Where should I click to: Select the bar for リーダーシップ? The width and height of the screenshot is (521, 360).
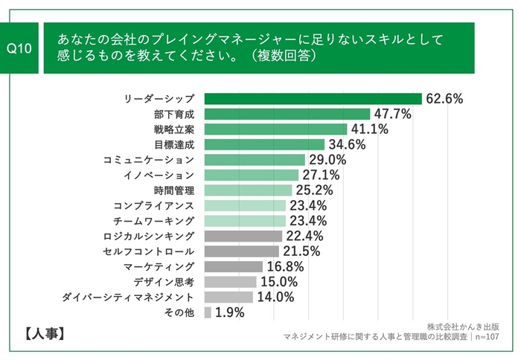point(313,98)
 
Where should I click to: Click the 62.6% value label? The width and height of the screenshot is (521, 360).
point(445,98)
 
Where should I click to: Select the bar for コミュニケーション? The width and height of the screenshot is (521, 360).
point(254,160)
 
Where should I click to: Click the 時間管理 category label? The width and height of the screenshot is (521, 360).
point(174,190)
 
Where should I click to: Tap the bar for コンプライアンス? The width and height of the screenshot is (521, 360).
point(244,206)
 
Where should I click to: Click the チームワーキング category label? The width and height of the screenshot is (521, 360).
point(154,221)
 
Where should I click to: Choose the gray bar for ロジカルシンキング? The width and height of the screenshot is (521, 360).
point(243,236)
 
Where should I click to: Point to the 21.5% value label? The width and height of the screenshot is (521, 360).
point(300,251)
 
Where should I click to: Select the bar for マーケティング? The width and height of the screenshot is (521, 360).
point(233,266)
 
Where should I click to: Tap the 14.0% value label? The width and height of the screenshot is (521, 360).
point(274,298)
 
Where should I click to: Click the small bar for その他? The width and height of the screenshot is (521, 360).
point(207,312)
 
